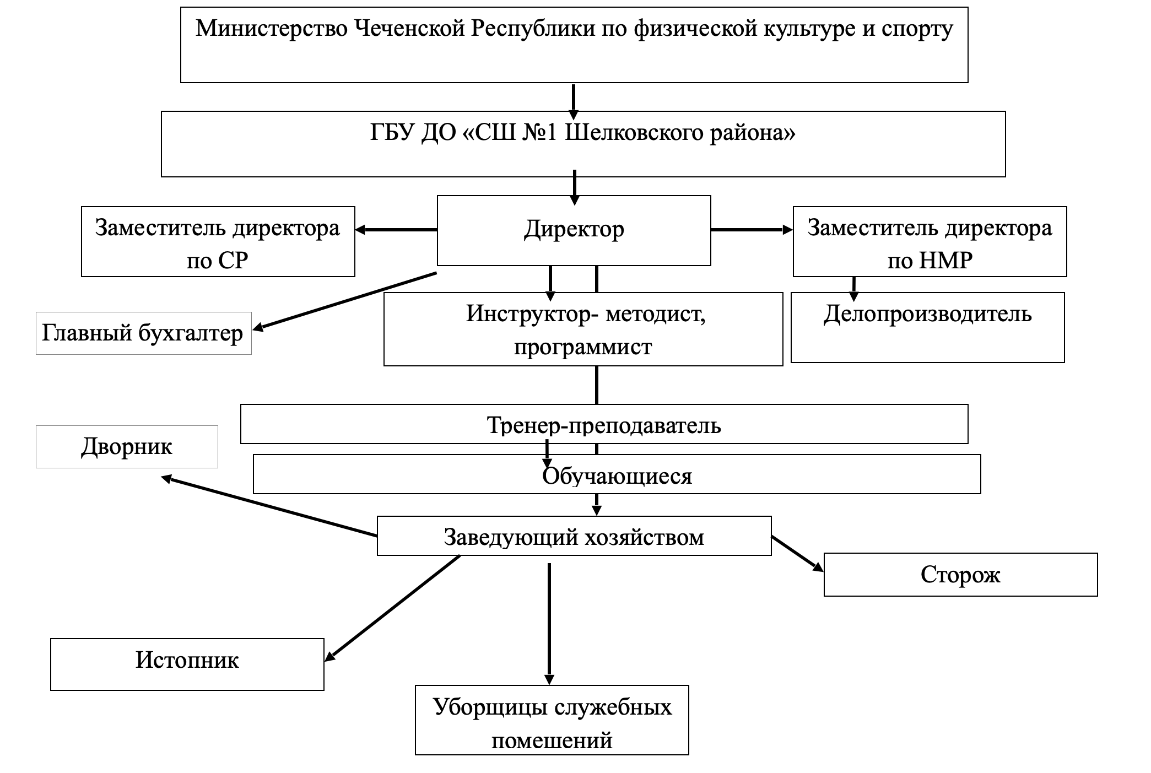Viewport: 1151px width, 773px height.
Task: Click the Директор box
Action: (574, 230)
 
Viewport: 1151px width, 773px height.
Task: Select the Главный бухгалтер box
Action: (143, 333)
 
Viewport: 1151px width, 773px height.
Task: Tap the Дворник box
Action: (127, 447)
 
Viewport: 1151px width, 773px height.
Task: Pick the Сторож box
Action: (960, 575)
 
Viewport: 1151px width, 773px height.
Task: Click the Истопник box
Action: (187, 664)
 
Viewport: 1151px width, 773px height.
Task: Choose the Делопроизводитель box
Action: (927, 327)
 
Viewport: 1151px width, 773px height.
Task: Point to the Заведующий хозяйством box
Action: (574, 536)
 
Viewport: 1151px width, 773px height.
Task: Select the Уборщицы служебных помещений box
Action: (552, 720)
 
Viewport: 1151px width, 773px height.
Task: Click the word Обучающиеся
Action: (617, 476)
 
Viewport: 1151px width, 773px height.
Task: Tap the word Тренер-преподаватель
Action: (604, 425)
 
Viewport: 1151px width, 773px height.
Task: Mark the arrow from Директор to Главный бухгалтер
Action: (345, 301)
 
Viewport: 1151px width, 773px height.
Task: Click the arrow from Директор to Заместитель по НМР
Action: (752, 230)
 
